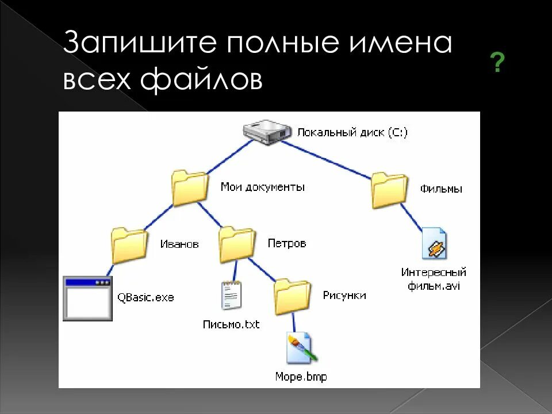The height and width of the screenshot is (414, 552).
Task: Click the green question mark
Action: coord(497,63)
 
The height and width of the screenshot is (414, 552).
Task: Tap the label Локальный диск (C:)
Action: coord(352,132)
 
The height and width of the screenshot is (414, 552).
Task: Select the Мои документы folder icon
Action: coord(190,187)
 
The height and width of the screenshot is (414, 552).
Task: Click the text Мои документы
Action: coord(262,187)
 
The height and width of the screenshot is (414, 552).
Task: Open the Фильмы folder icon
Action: coord(389,189)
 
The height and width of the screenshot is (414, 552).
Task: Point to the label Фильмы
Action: coord(441,189)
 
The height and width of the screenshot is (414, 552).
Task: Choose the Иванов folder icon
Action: coord(129,244)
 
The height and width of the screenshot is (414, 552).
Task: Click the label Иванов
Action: coord(179,244)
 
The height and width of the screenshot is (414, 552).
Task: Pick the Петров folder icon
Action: coord(236,244)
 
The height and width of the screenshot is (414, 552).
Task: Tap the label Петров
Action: coord(286,243)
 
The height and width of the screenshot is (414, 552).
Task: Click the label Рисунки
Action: coord(344,296)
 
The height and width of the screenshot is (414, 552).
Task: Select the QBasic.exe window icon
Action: coord(87,298)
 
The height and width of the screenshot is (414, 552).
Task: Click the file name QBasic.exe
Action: coord(145,298)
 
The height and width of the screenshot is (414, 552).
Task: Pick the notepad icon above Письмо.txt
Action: coord(231,296)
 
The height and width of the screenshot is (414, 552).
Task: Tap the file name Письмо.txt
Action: coord(231,325)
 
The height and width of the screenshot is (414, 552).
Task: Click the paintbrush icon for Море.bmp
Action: coord(301,348)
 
